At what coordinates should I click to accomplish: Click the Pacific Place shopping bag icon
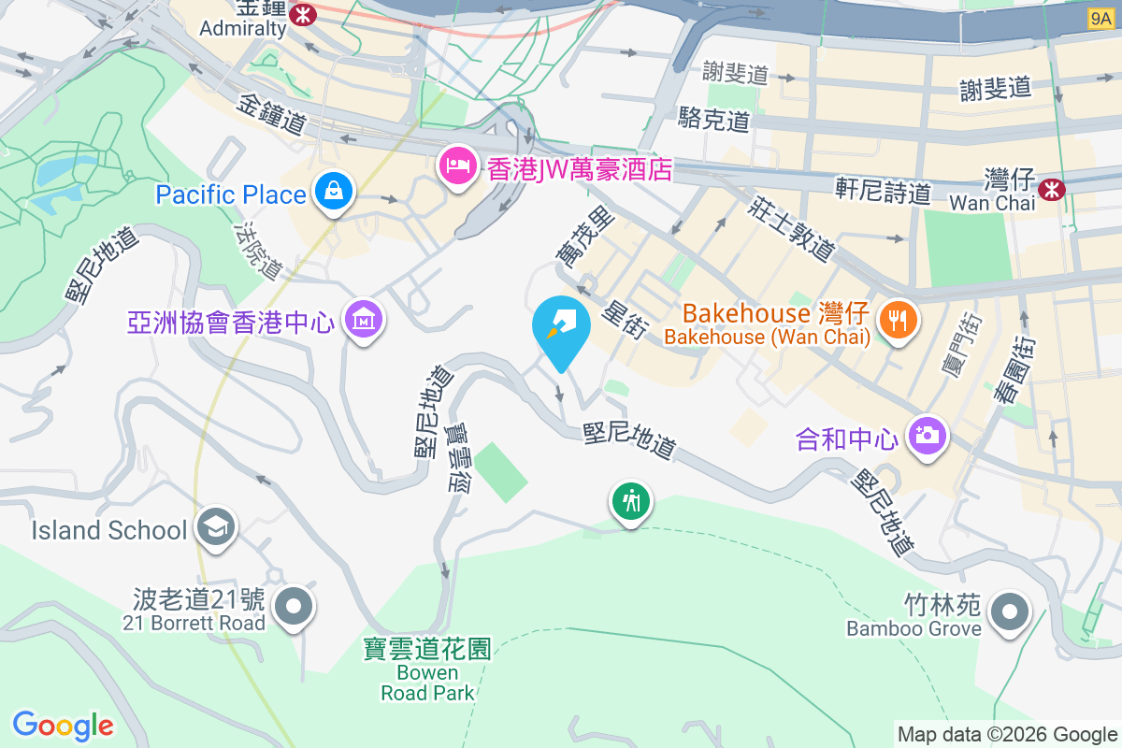332,192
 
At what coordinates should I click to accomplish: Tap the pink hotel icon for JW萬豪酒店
457,166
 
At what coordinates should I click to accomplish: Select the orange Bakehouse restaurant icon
899,321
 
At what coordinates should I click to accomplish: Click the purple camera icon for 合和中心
928,435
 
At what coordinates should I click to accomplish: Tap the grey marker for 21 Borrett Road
295,607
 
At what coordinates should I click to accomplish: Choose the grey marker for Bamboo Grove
1010,612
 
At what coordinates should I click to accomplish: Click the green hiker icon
631,501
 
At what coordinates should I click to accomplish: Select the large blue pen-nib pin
561,326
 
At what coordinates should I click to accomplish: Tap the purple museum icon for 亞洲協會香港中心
363,320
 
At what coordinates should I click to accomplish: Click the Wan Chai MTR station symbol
1054,189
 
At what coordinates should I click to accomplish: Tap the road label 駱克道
715,119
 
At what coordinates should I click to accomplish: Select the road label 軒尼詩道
883,191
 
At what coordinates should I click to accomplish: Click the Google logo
63,726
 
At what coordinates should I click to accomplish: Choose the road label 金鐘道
272,112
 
